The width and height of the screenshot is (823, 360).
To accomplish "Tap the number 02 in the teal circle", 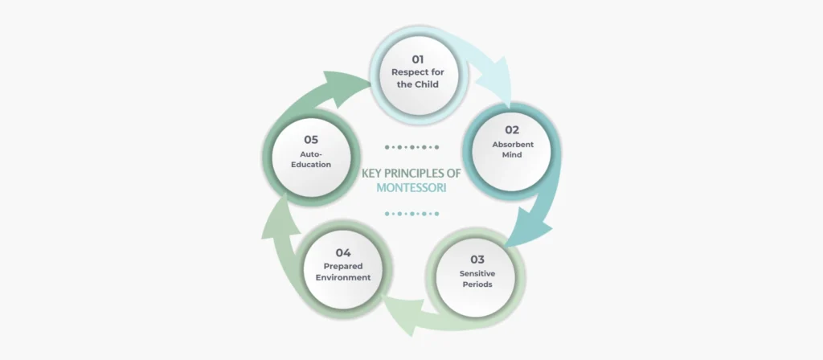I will [x=513, y=129].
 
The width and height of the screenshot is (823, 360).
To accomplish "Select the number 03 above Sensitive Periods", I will [x=477, y=259].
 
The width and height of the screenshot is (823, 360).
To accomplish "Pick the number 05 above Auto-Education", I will [x=311, y=139].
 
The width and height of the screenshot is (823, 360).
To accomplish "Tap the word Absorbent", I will [x=513, y=144].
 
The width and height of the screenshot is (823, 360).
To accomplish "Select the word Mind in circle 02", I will [x=513, y=154].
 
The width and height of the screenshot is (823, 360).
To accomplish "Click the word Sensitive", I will [x=477, y=274].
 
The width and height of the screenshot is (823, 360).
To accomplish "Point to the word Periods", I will [x=477, y=284].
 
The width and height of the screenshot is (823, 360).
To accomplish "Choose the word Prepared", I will [x=343, y=267].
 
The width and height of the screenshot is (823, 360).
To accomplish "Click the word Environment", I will [x=343, y=277].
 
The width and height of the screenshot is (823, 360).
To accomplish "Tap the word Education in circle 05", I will [x=311, y=164].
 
